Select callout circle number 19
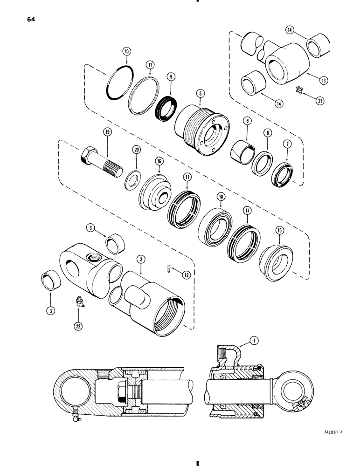(107, 132)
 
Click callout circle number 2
(140, 258)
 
